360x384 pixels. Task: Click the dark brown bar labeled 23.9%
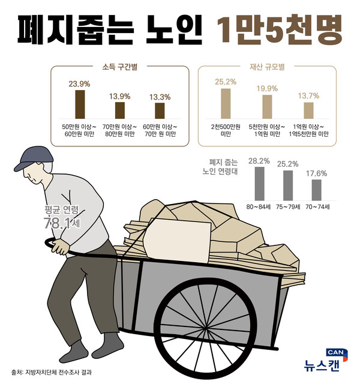pos(80,104)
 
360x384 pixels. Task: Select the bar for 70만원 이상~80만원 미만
pos(120,110)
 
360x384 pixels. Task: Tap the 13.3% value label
pos(160,97)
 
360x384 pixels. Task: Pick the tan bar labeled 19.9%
pos(267,107)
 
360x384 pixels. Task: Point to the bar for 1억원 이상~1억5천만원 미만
pos(308,110)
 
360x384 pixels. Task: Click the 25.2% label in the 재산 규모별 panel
pos(226,82)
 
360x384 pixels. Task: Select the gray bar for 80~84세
pos(259,184)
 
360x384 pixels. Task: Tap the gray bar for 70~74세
pos(317,190)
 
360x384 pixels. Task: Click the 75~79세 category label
pos(288,207)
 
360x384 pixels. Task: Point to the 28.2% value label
pos(259,161)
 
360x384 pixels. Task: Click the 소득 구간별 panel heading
pos(120,67)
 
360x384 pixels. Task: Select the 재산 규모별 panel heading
pos(267,67)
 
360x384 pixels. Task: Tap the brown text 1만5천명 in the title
pos(279,30)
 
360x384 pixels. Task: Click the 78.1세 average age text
pos(62,223)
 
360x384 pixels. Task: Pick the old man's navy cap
pos(34,158)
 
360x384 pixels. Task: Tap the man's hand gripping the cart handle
pos(59,247)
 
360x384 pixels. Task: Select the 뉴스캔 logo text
pos(322,365)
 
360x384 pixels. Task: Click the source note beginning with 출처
pos(52,373)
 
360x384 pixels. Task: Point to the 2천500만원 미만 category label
pos(226,130)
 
